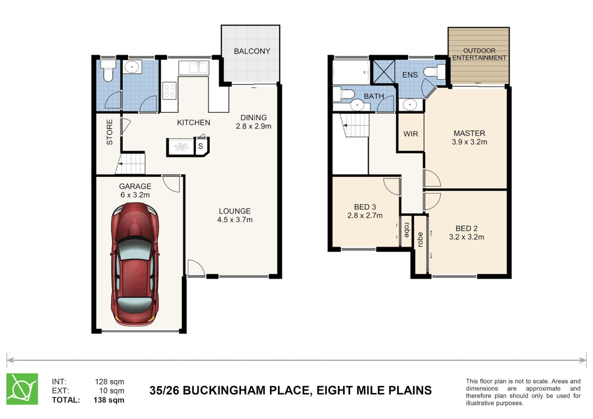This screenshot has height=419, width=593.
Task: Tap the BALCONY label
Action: pyautogui.click(x=252, y=51)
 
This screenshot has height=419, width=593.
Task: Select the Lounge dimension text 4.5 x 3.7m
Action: pyautogui.click(x=235, y=220)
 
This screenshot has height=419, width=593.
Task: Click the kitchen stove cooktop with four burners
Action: pyautogui.click(x=169, y=91)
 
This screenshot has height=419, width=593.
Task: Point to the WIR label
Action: pyautogui.click(x=411, y=134)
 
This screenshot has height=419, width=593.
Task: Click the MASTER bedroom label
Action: pyautogui.click(x=469, y=133)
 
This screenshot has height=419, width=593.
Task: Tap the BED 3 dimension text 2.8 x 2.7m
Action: pyautogui.click(x=365, y=216)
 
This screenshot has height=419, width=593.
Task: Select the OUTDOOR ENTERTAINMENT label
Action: pyautogui.click(x=479, y=54)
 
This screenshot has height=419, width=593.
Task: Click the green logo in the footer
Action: pyautogui.click(x=22, y=389)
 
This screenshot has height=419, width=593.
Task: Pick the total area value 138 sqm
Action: pyautogui.click(x=109, y=400)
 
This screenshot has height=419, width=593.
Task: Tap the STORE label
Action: pyautogui.click(x=109, y=132)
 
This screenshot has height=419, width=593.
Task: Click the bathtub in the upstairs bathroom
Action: pyautogui.click(x=351, y=72)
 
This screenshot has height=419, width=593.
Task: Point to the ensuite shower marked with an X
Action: pyautogui.click(x=384, y=72)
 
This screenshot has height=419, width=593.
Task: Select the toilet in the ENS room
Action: pyautogui.click(x=434, y=72)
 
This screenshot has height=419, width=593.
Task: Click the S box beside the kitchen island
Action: pyautogui.click(x=201, y=146)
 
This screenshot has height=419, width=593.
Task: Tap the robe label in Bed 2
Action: pyautogui.click(x=420, y=239)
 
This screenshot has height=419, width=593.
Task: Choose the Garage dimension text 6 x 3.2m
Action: pyautogui.click(x=135, y=195)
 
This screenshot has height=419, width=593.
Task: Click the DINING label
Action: pyautogui.click(x=253, y=118)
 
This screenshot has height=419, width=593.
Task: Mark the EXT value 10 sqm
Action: pyautogui.click(x=111, y=391)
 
